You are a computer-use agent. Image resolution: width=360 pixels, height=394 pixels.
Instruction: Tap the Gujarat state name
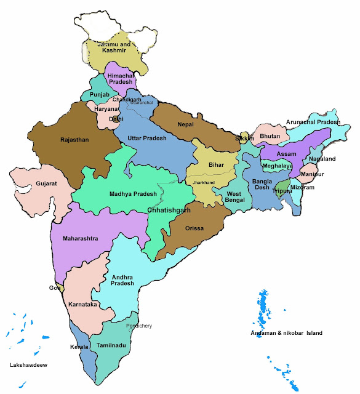[x=30, y=183]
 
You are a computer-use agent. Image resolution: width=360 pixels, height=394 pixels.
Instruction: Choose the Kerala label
[x=79, y=347]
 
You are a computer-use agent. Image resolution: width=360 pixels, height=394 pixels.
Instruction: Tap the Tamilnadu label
[x=111, y=346]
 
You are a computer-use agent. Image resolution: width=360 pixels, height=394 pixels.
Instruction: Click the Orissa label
[x=196, y=228]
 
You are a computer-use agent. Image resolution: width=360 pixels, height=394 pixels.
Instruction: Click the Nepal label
[x=185, y=124]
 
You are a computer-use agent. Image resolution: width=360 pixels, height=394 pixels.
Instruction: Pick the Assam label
[x=287, y=153]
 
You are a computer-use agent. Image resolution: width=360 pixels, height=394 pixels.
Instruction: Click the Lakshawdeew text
[x=29, y=365]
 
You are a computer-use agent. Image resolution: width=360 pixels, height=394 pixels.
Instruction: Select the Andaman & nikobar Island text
[x=286, y=333]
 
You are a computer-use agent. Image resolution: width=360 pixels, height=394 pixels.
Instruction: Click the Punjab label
[x=99, y=95]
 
